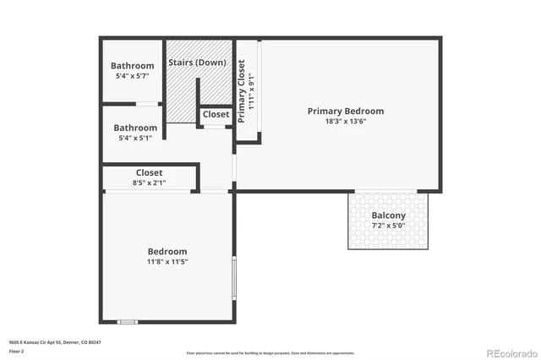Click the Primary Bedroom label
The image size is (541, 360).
345,111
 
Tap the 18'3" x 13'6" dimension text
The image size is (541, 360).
345,121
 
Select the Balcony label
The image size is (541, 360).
388,215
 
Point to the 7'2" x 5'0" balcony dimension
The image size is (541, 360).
388,226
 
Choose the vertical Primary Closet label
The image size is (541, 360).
242,91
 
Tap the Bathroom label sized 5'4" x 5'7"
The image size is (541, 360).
133,66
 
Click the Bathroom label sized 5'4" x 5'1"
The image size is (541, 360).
136,128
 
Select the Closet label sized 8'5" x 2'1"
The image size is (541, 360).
150,172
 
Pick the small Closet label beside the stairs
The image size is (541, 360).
216,114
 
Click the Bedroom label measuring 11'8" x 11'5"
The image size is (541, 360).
167,251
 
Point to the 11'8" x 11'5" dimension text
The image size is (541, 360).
167,262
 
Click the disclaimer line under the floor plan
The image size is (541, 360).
270,352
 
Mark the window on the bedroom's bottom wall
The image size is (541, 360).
127,321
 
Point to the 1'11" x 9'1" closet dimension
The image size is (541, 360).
251,91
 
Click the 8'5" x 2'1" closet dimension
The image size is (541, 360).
150,182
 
